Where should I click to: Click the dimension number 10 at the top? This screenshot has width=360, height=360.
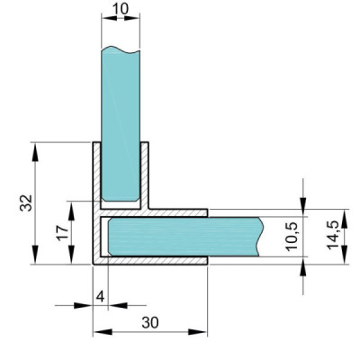(121, 9)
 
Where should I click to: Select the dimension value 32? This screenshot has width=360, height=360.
(26, 202)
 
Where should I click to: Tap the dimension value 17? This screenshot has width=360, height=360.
(63, 233)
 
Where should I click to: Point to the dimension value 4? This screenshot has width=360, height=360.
(101, 297)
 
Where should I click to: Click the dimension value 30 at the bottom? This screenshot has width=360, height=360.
(150, 323)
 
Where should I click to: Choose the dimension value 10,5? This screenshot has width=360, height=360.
(292, 237)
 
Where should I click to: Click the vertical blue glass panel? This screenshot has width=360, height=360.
(121, 123)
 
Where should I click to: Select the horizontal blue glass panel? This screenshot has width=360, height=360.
(185, 237)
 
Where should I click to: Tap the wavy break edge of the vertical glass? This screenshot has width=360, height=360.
(121, 49)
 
